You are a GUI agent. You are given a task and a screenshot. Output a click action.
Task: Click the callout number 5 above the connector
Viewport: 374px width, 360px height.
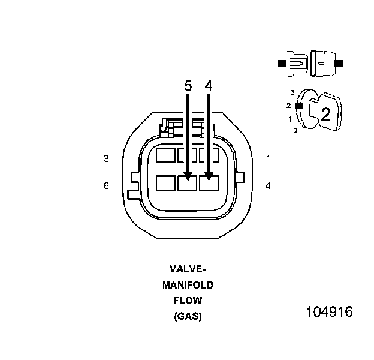coord(188,86)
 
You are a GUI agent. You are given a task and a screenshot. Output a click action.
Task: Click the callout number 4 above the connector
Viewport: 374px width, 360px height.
coord(209,86)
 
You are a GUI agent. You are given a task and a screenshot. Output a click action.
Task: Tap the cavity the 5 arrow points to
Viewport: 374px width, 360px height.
coord(188,182)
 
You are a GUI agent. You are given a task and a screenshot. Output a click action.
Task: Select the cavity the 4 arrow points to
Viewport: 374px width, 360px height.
coord(209,182)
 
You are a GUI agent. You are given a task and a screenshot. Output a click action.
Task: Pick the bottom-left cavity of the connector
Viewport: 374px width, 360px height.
coord(165,182)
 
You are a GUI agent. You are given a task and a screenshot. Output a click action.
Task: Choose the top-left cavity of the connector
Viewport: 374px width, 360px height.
coord(165,155)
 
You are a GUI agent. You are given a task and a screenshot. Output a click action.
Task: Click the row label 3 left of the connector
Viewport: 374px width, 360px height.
coord(106,158)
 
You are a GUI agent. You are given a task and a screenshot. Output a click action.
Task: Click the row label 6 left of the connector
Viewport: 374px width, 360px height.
coord(106,186)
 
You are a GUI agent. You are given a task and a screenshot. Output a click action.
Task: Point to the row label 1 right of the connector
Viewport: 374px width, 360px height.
coord(268,158)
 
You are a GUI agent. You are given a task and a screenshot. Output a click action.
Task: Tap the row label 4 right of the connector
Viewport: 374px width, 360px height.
coord(268,186)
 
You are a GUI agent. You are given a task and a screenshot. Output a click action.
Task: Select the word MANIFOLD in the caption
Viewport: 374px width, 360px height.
coord(188,284)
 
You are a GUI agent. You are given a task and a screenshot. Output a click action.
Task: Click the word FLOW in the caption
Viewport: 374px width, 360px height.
coord(188,301)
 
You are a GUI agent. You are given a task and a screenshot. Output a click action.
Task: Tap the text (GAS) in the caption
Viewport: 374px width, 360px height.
coord(188,316)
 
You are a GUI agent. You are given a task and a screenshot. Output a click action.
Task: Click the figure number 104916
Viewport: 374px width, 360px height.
coord(329,312)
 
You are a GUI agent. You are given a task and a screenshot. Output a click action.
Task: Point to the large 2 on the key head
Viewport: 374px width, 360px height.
coord(325,114)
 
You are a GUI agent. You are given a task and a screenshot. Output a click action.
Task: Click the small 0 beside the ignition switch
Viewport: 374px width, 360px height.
coord(294,130)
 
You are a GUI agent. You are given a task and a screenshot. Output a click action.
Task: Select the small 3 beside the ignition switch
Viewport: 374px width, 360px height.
coord(292,92)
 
